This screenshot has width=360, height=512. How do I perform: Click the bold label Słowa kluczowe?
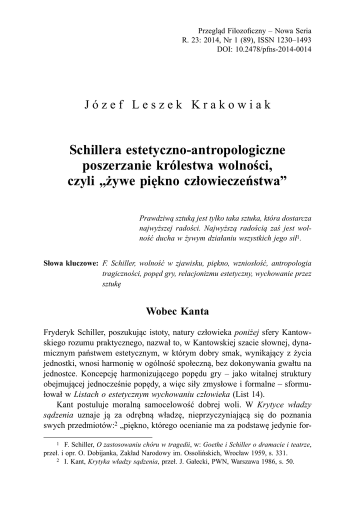(x=71, y=262)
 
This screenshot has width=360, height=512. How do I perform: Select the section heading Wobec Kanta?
(x=177, y=311)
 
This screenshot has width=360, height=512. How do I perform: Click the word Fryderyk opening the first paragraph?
(x=59, y=332)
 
